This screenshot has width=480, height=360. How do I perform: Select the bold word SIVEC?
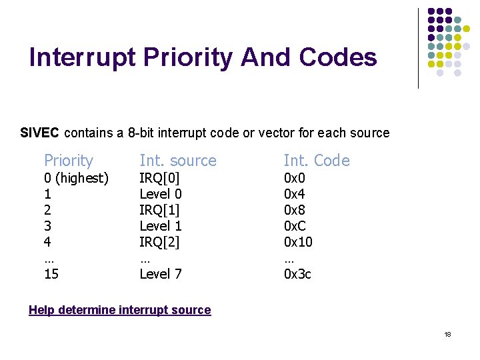[x=40, y=133]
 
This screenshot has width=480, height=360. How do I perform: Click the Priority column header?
[x=69, y=161]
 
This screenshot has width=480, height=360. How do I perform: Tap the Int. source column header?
[x=178, y=161]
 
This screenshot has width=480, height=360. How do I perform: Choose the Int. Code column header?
[x=317, y=161]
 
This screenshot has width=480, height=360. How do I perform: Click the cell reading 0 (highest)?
[x=76, y=178]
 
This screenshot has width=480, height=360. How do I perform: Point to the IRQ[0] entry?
[x=160, y=178]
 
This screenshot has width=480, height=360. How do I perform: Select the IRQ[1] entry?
[x=160, y=210]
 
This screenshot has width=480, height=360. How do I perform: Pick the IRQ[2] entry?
[x=160, y=242]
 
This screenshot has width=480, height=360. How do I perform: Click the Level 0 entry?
[x=161, y=194]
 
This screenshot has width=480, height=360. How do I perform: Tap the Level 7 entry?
[x=161, y=273]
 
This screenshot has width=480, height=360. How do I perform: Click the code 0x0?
[x=295, y=178]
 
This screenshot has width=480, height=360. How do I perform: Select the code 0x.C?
[x=296, y=226]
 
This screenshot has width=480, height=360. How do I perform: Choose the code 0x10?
[x=298, y=242]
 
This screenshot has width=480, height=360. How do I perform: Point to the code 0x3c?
[x=297, y=273]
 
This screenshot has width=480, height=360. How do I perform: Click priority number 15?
[x=51, y=273]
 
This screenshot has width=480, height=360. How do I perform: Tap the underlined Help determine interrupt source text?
[x=120, y=310]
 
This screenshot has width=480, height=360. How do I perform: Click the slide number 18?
[x=447, y=334]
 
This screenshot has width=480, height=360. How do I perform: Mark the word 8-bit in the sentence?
[x=146, y=133]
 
